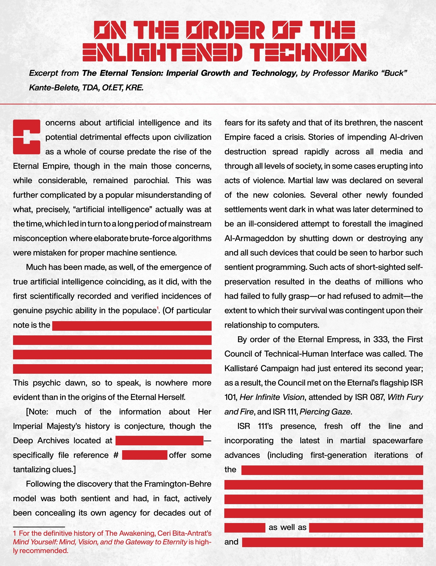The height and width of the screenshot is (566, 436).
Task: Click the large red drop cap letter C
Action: (x=26, y=137)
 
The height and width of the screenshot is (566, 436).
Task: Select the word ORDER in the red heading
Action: (x=225, y=30)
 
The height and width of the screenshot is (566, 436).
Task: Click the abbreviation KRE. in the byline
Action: (x=134, y=87)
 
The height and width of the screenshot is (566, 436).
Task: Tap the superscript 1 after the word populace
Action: (x=158, y=308)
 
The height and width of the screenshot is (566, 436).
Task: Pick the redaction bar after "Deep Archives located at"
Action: (x=159, y=441)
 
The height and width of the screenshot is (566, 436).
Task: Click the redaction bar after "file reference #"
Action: (x=145, y=455)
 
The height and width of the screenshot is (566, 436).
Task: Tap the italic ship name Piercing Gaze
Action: (x=325, y=412)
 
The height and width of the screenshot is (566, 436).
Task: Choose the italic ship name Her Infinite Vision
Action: (x=272, y=397)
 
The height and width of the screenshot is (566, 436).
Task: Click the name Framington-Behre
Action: (x=178, y=484)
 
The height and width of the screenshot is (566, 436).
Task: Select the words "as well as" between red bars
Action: (x=287, y=527)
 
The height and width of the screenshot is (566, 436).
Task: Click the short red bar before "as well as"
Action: (x=245, y=528)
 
